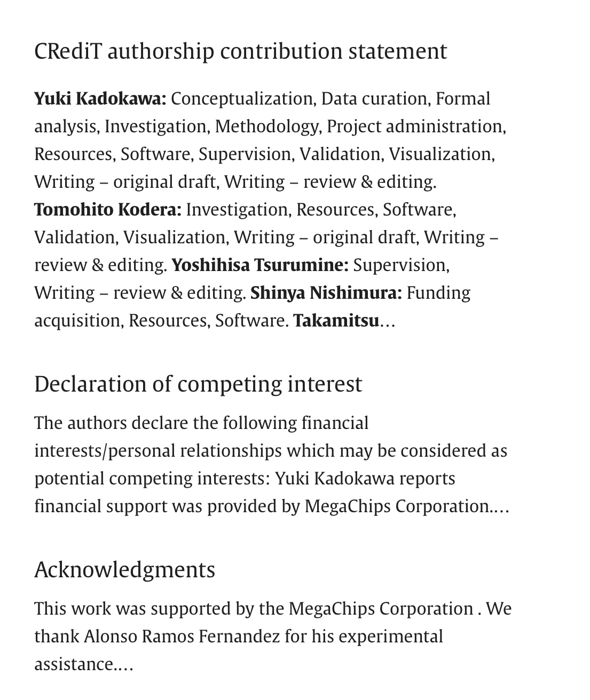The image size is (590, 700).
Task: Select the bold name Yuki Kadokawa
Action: (x=100, y=99)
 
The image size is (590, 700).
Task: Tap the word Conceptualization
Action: (x=241, y=99)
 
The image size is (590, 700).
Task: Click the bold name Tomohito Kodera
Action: (x=108, y=210)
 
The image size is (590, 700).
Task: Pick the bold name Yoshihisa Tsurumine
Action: (x=260, y=265)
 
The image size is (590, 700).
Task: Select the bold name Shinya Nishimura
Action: (x=326, y=293)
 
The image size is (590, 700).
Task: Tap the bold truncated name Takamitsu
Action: (x=336, y=321)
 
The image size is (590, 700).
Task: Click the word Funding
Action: (x=438, y=293)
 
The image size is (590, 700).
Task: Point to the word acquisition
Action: (x=78, y=321)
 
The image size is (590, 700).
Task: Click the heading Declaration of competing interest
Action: (x=198, y=384)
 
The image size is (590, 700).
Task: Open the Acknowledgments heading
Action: (x=124, y=570)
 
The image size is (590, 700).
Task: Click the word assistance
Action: (x=74, y=664)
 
